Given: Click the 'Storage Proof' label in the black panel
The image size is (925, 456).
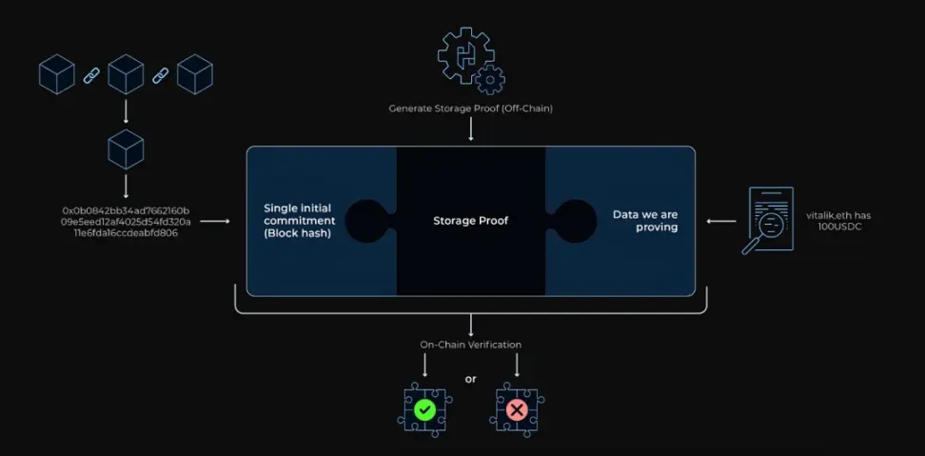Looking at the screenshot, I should (x=470, y=221).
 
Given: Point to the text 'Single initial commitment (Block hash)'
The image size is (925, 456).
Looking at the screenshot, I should (x=297, y=221).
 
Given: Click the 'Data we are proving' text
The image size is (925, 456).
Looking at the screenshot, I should (x=645, y=221).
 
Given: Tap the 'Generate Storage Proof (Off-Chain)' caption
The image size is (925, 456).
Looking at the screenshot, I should (x=470, y=109).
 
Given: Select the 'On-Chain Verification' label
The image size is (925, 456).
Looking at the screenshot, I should (x=470, y=345).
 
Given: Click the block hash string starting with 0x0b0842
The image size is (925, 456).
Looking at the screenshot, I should (x=127, y=221).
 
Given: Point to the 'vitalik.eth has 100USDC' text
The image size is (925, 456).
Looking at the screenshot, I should (x=837, y=221).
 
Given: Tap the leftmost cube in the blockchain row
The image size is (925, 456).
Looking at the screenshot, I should (x=56, y=74).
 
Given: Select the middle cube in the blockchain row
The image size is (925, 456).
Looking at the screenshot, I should (x=126, y=74).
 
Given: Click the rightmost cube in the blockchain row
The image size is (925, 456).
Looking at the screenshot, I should (x=194, y=74).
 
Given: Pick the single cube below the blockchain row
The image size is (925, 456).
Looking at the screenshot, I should (x=126, y=150).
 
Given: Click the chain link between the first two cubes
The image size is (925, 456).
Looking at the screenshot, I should (x=91, y=74).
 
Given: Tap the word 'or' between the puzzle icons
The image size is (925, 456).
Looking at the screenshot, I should (x=470, y=380).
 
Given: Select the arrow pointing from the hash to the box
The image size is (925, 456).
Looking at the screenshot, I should (x=216, y=221).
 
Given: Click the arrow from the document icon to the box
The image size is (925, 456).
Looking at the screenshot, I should (x=720, y=221).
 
